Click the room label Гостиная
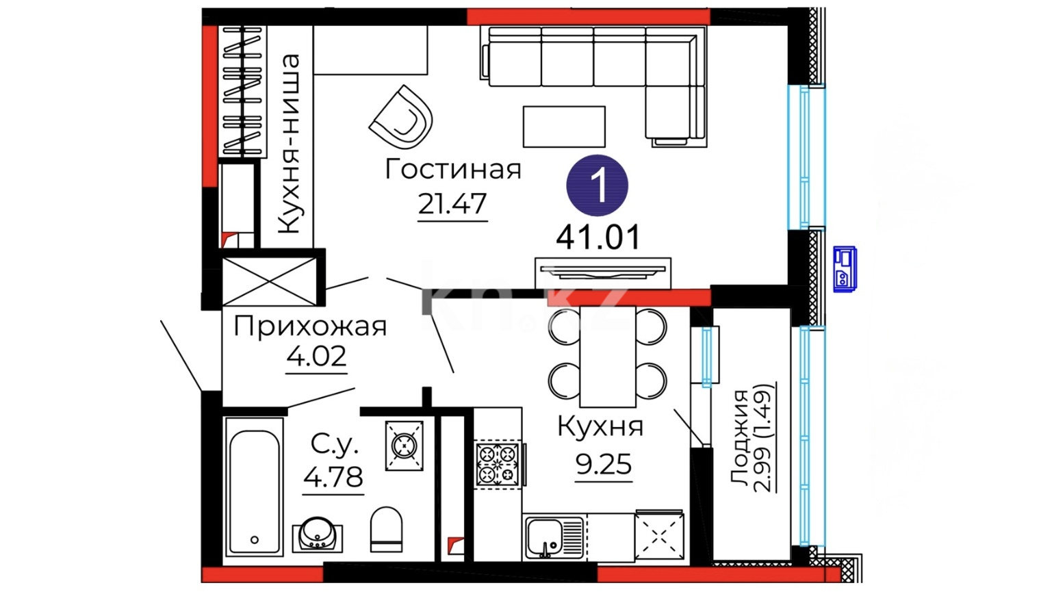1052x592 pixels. [x=452, y=170]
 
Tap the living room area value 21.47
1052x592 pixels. [x=452, y=204]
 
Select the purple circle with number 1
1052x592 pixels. [x=598, y=185]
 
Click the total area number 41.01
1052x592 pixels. [x=598, y=237]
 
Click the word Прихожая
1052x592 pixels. [x=310, y=326]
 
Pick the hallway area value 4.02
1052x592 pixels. [x=316, y=357]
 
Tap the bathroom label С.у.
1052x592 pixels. [x=334, y=444]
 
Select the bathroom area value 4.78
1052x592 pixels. [x=333, y=477]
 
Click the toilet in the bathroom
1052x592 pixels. [x=386, y=529]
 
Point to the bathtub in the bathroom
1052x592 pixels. [x=254, y=487]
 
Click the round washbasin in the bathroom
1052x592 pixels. [x=318, y=535]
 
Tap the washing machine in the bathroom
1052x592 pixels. [x=404, y=446]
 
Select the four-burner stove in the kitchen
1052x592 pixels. [x=498, y=464]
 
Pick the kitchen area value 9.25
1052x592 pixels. [x=604, y=465]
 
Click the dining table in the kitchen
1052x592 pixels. [x=608, y=357]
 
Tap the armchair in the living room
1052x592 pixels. [x=400, y=117]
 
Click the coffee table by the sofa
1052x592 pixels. [x=564, y=127]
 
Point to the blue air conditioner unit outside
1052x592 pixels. [x=845, y=269]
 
